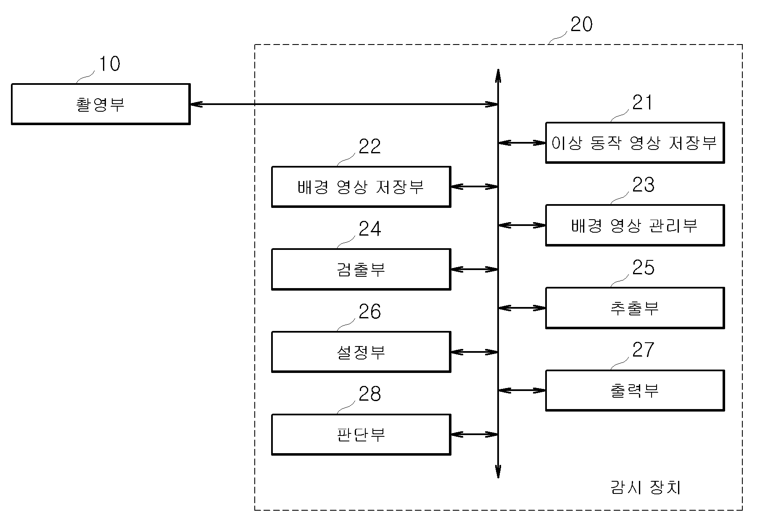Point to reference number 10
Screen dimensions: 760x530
pos(109,64)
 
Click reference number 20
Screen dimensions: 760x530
pos(581,24)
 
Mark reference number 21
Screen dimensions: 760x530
pos(643,103)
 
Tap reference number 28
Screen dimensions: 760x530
pos(369,394)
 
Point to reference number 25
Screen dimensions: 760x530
pos(643,268)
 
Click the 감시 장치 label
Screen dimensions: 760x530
pos(645,488)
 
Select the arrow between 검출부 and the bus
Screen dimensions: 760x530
pos(474,269)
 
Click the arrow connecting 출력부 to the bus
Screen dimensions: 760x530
pos(522,391)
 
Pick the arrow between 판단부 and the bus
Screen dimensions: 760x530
pos(474,435)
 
